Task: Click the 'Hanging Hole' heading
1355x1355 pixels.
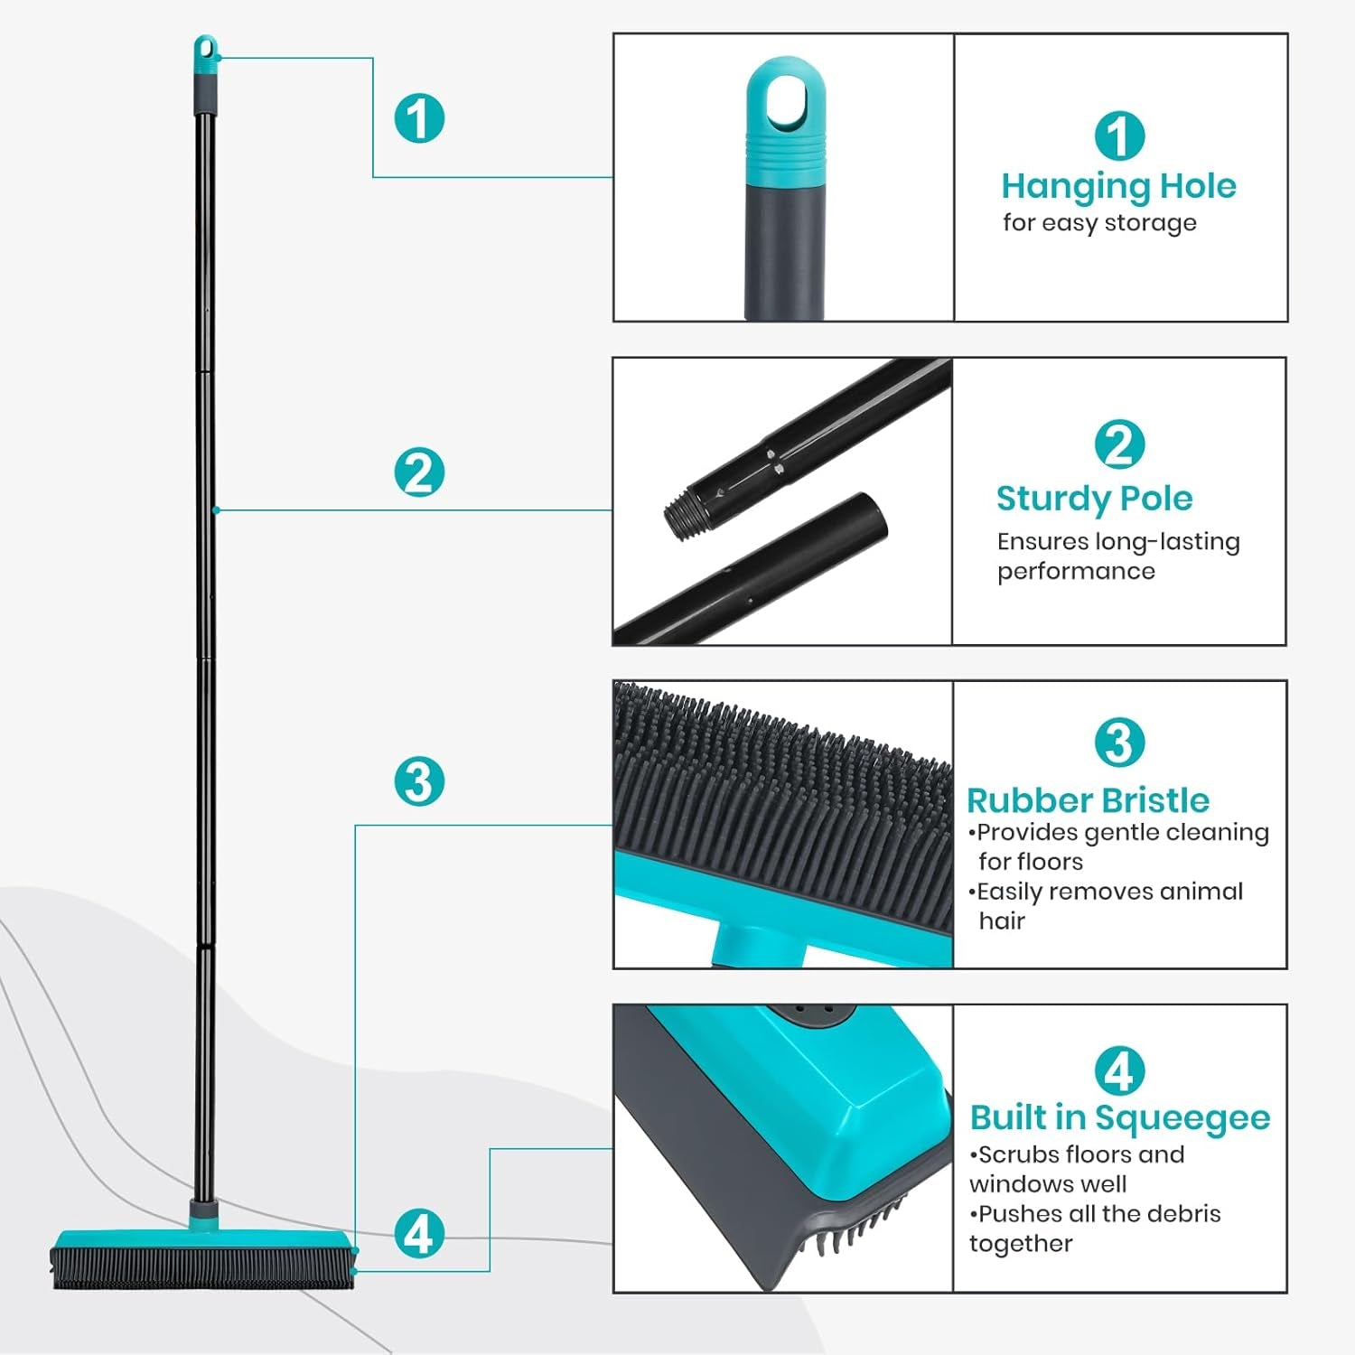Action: [1118, 186]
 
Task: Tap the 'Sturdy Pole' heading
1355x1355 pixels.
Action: [1094, 498]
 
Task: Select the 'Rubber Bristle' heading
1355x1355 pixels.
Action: [1088, 800]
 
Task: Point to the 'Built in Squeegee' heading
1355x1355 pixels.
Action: [1120, 1117]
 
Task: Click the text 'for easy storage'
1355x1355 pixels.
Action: [1099, 222]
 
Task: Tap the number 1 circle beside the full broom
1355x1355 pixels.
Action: [419, 117]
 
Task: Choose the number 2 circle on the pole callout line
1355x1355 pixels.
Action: [419, 472]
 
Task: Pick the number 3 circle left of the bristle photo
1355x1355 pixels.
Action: [419, 780]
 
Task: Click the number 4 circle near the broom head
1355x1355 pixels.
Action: [419, 1233]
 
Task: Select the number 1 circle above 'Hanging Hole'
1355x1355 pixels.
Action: [1119, 135]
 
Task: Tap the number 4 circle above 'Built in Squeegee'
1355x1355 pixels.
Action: [1119, 1071]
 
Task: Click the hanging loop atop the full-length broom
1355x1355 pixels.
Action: [206, 49]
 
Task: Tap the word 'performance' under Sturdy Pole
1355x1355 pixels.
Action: [1076, 571]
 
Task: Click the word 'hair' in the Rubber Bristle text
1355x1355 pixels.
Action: [1002, 920]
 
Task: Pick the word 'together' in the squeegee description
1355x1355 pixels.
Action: [1021, 1243]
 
